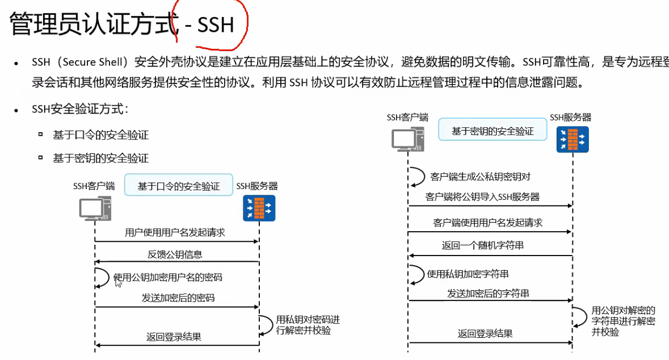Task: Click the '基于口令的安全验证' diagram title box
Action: tap(179, 186)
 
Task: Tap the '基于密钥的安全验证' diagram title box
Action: tap(493, 131)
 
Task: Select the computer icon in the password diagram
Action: tap(94, 208)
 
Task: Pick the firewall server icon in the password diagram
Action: tap(259, 208)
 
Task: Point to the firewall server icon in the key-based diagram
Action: tap(572, 140)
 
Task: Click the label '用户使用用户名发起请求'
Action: tap(175, 233)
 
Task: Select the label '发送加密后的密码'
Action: tap(178, 298)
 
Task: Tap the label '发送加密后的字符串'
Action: tap(488, 294)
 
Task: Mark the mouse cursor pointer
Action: tap(118, 282)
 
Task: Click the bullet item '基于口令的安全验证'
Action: tap(100, 135)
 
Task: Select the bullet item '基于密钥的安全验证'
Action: tap(100, 158)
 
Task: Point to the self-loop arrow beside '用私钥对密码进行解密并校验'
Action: tap(267, 325)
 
